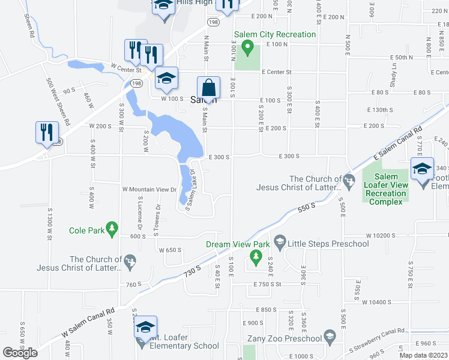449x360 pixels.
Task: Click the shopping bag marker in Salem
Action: [208, 88]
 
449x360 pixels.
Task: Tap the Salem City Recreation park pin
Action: [246, 46]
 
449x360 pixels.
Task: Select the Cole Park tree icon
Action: [111, 229]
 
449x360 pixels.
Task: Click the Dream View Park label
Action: [238, 244]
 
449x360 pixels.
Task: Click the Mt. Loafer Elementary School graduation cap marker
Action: [145, 327]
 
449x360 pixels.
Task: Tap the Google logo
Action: [20, 353]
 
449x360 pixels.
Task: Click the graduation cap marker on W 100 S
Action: [166, 78]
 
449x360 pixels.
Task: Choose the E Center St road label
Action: [276, 72]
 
